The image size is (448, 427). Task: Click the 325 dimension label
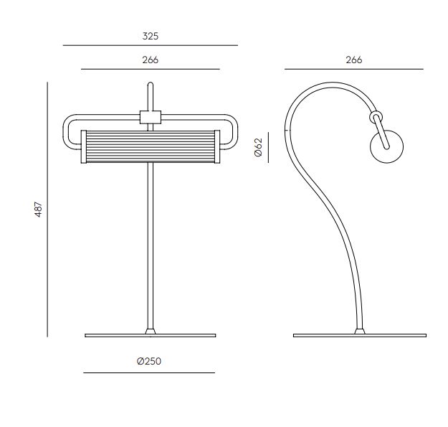tap(151, 36)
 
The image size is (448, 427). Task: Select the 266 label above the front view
tap(151, 60)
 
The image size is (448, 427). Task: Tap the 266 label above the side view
tap(353, 60)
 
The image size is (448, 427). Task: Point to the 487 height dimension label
tap(38, 210)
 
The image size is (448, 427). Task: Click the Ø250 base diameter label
tap(149, 361)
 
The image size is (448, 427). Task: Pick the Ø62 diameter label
tap(258, 147)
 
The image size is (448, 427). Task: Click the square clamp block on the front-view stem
tap(151, 117)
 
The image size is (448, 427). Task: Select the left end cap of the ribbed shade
tap(83, 146)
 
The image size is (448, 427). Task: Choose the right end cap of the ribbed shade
tap(217, 146)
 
